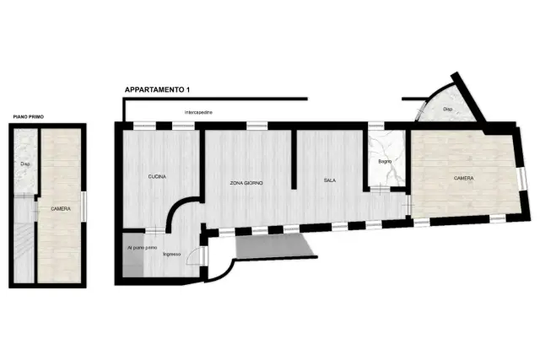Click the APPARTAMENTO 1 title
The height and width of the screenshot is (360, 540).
157,90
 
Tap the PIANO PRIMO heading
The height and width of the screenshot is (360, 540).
29,117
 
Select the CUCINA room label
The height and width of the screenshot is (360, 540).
157,176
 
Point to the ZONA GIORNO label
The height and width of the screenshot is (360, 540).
246,183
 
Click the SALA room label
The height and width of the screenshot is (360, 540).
330,180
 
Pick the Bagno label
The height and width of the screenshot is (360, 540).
385,161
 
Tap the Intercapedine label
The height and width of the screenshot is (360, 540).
198,112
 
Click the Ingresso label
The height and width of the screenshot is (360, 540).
172,255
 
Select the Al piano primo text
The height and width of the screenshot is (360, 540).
143,248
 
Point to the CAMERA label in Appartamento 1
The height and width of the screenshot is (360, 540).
463,178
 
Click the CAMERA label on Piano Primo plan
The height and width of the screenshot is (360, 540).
61,209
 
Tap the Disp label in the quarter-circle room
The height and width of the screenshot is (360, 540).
448,109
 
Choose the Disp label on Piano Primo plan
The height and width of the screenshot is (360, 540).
24,164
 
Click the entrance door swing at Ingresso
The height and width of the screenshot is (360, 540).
193,255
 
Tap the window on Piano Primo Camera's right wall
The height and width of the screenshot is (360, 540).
84,207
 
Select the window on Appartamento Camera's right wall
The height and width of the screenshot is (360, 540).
523,179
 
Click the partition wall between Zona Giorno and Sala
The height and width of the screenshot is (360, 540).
294,159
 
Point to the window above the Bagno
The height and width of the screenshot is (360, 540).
376,126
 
